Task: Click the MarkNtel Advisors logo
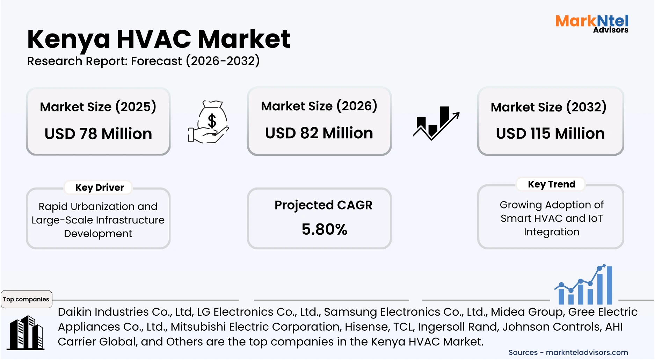click(x=592, y=23)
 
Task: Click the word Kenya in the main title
click(x=69, y=39)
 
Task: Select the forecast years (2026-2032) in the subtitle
click(x=223, y=61)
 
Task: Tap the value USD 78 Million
click(x=98, y=134)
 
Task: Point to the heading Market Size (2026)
click(x=319, y=106)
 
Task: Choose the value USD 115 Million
click(x=550, y=134)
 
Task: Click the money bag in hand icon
click(x=209, y=122)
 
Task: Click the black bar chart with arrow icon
click(x=436, y=123)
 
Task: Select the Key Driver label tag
click(x=100, y=188)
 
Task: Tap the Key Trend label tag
click(x=551, y=184)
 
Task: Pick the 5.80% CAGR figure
click(x=324, y=230)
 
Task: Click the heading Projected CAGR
click(x=323, y=205)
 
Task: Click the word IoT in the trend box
click(x=595, y=219)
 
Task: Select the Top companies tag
click(x=26, y=299)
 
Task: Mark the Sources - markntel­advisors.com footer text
click(x=568, y=353)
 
